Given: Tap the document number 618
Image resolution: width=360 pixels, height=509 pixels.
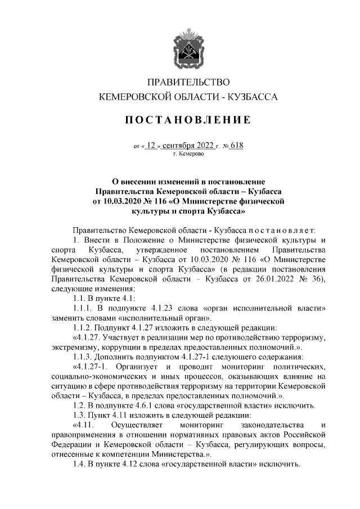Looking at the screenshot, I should tap(237, 145).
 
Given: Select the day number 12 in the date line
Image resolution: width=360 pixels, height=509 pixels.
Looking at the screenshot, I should tap(151, 145).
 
